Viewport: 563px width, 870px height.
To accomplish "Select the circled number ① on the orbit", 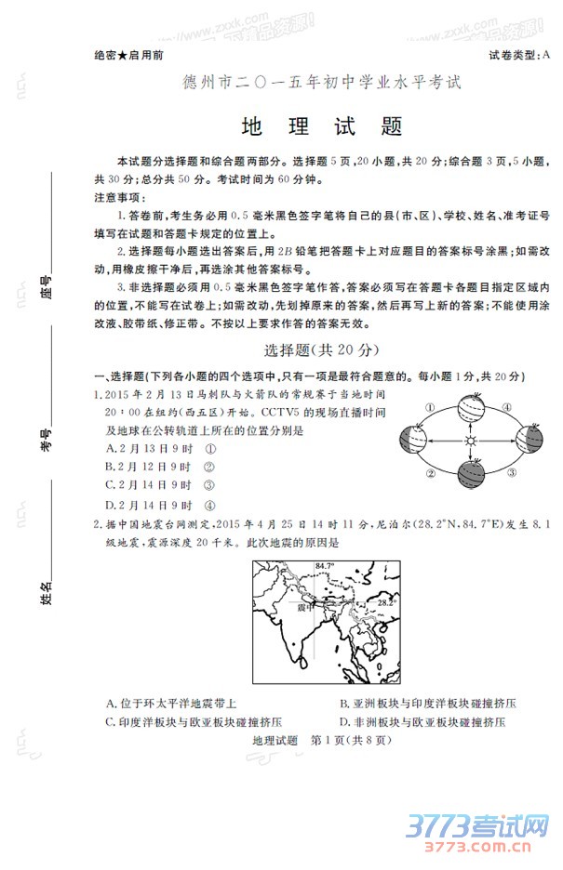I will coord(431,406).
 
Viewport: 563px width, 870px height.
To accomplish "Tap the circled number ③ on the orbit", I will coord(511,472).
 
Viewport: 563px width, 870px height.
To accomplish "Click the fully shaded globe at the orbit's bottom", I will coord(470,475).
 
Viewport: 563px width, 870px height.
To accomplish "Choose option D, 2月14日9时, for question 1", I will coord(162,506).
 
